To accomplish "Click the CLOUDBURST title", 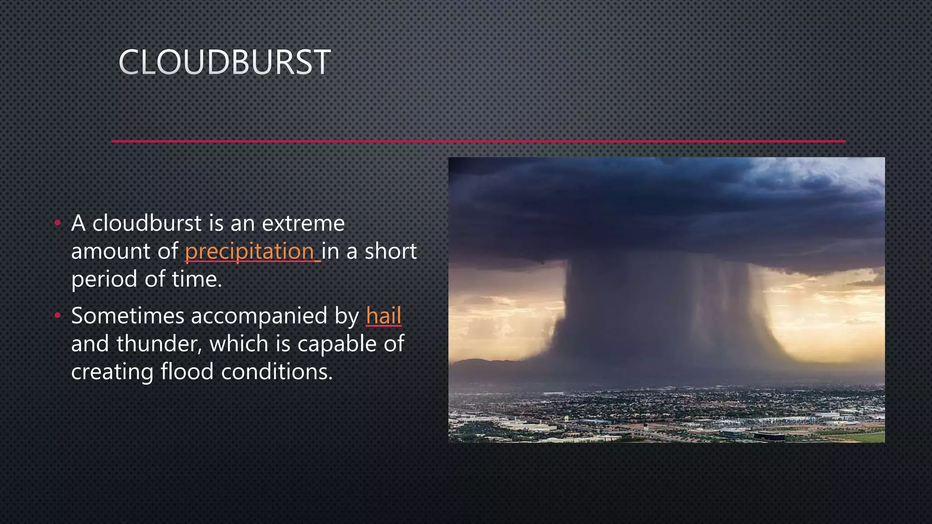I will pyautogui.click(x=224, y=62).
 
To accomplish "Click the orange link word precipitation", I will pyautogui.click(x=249, y=252).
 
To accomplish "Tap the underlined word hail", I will pyautogui.click(x=384, y=316).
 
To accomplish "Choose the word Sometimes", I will pyautogui.click(x=127, y=316).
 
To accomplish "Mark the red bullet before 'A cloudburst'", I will pyautogui.click(x=57, y=223).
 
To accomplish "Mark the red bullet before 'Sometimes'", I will pyautogui.click(x=57, y=315).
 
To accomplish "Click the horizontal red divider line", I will pyautogui.click(x=478, y=141).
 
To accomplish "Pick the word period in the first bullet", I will pyautogui.click(x=104, y=280).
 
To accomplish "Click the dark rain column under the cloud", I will pyautogui.click(x=660, y=318).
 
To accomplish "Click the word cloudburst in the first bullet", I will pyautogui.click(x=147, y=223).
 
